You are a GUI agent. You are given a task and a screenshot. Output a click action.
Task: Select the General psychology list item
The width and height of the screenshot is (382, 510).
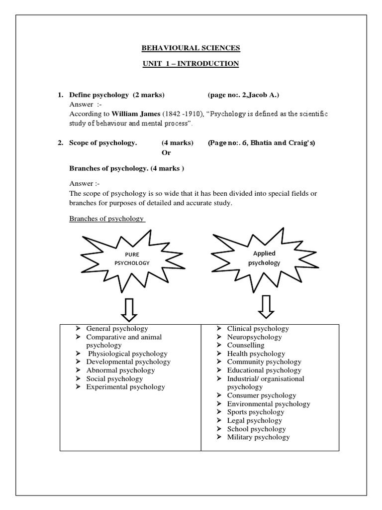click(x=117, y=329)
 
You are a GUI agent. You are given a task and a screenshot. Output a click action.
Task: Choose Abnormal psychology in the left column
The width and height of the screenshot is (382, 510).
click(x=120, y=370)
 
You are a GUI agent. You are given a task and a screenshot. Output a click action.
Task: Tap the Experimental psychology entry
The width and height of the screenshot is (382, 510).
click(x=125, y=386)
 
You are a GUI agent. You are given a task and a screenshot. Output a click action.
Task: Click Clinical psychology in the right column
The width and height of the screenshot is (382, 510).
click(x=258, y=329)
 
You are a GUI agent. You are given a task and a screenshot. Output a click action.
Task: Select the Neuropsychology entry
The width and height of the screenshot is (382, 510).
click(x=254, y=337)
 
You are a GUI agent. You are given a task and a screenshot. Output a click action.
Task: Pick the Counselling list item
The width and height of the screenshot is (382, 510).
click(x=246, y=345)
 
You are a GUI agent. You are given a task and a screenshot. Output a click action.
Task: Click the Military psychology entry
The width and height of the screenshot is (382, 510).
click(x=258, y=437)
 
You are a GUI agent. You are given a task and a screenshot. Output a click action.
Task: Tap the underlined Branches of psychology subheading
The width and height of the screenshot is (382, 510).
click(x=106, y=219)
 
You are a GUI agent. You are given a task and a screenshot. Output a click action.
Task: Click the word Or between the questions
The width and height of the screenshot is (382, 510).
click(x=167, y=152)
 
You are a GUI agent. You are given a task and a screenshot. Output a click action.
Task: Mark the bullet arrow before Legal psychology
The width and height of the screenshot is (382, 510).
click(x=220, y=420)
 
